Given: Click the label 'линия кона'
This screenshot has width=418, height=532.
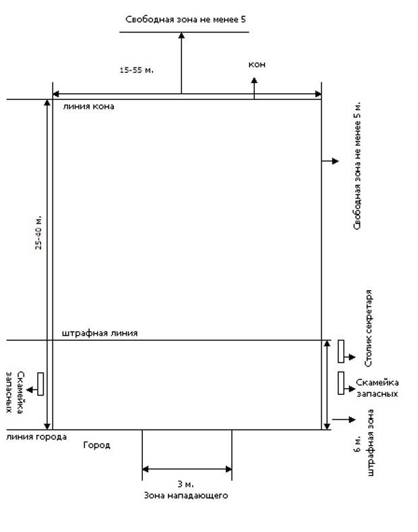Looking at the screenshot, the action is [x=88, y=107].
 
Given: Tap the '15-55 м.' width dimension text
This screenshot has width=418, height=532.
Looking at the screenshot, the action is [x=136, y=70].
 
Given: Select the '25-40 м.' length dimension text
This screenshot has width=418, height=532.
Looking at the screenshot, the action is [x=38, y=232].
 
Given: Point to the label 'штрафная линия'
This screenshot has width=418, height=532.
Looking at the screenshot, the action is [x=100, y=334].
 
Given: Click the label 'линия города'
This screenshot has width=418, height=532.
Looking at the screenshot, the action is [x=36, y=437].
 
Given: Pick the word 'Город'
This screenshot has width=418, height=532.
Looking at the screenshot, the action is [x=96, y=445].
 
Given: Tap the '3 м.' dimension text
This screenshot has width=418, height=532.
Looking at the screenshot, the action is [x=185, y=484].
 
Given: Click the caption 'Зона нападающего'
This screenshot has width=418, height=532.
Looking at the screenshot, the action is [x=185, y=496].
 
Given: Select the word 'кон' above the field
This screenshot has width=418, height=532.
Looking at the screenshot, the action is [x=257, y=64].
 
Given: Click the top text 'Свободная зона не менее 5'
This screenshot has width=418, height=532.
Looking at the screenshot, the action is [x=185, y=20].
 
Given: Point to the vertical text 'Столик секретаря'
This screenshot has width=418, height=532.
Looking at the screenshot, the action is [x=369, y=328].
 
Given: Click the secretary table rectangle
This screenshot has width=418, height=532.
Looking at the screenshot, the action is [x=340, y=352].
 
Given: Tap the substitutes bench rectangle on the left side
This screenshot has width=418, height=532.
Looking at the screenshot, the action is [x=40, y=384].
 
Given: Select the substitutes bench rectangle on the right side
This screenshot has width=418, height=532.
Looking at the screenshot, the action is [x=340, y=383].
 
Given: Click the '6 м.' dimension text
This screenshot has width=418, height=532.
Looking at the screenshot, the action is [x=357, y=444].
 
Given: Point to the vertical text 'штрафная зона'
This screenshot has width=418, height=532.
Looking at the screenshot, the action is [x=370, y=443].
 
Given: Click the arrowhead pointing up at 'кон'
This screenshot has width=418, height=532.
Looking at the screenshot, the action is [x=254, y=80].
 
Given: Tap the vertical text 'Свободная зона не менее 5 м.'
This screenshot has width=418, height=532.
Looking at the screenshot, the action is [x=357, y=166].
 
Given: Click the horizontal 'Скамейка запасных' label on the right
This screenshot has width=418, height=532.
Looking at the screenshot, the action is [x=377, y=388].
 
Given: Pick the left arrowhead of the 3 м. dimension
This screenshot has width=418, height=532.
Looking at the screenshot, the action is [x=146, y=470].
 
